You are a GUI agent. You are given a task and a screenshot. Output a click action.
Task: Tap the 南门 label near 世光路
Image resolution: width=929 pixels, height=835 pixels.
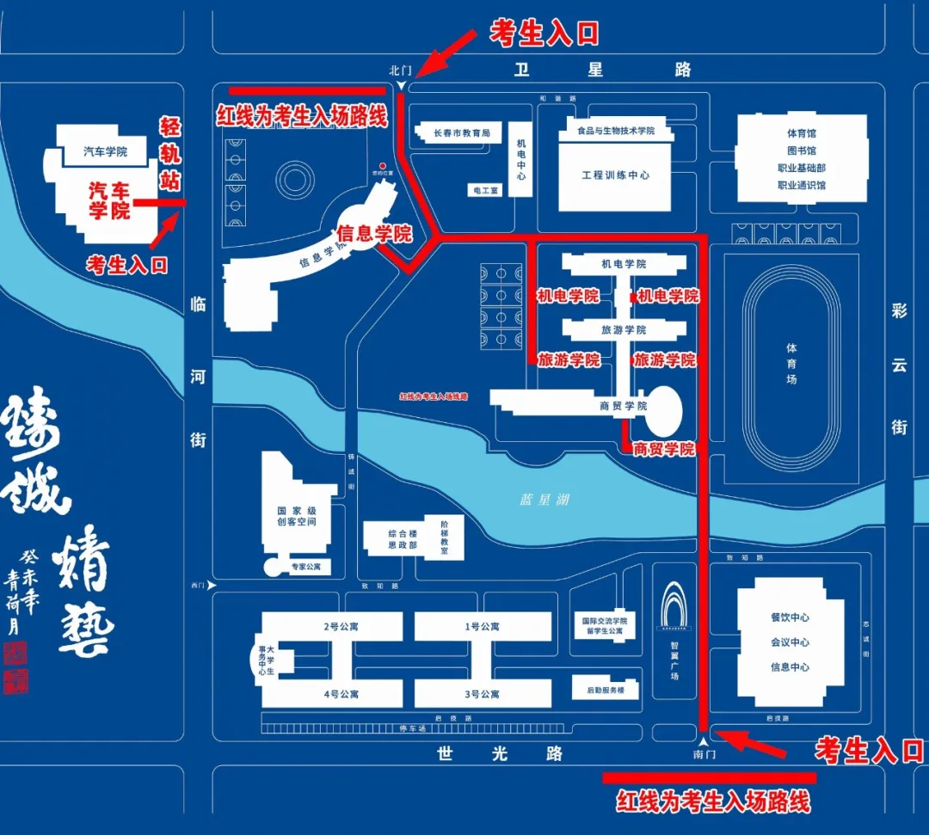pyautogui.click(x=704, y=754)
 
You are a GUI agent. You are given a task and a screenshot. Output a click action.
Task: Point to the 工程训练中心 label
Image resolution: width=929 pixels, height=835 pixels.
pyautogui.click(x=615, y=175)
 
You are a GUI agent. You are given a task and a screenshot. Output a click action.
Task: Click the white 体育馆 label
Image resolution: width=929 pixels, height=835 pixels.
pyautogui.click(x=801, y=133)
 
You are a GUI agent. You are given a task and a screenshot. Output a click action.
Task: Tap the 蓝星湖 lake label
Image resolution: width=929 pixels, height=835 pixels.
pyautogui.click(x=544, y=499)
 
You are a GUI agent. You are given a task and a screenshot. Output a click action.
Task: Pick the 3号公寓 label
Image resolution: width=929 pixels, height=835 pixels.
pyautogui.click(x=483, y=694)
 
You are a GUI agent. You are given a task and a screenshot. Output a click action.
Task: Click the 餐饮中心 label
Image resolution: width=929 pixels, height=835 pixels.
pyautogui.click(x=790, y=617)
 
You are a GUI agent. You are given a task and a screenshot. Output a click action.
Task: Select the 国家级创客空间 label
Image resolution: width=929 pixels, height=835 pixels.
pyautogui.click(x=297, y=516)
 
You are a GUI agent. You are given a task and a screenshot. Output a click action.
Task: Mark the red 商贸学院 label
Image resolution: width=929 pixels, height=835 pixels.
pyautogui.click(x=663, y=449)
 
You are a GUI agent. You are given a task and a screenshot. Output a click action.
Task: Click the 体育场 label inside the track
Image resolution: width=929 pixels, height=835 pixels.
pyautogui.click(x=791, y=364)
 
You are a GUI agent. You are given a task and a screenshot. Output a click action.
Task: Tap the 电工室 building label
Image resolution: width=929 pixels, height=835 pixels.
pyautogui.click(x=484, y=190)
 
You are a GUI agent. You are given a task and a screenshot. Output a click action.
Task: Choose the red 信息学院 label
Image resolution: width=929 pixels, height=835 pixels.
pyautogui.click(x=374, y=233)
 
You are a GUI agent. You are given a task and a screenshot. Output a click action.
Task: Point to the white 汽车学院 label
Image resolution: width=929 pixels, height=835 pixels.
pyautogui.click(x=105, y=152)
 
